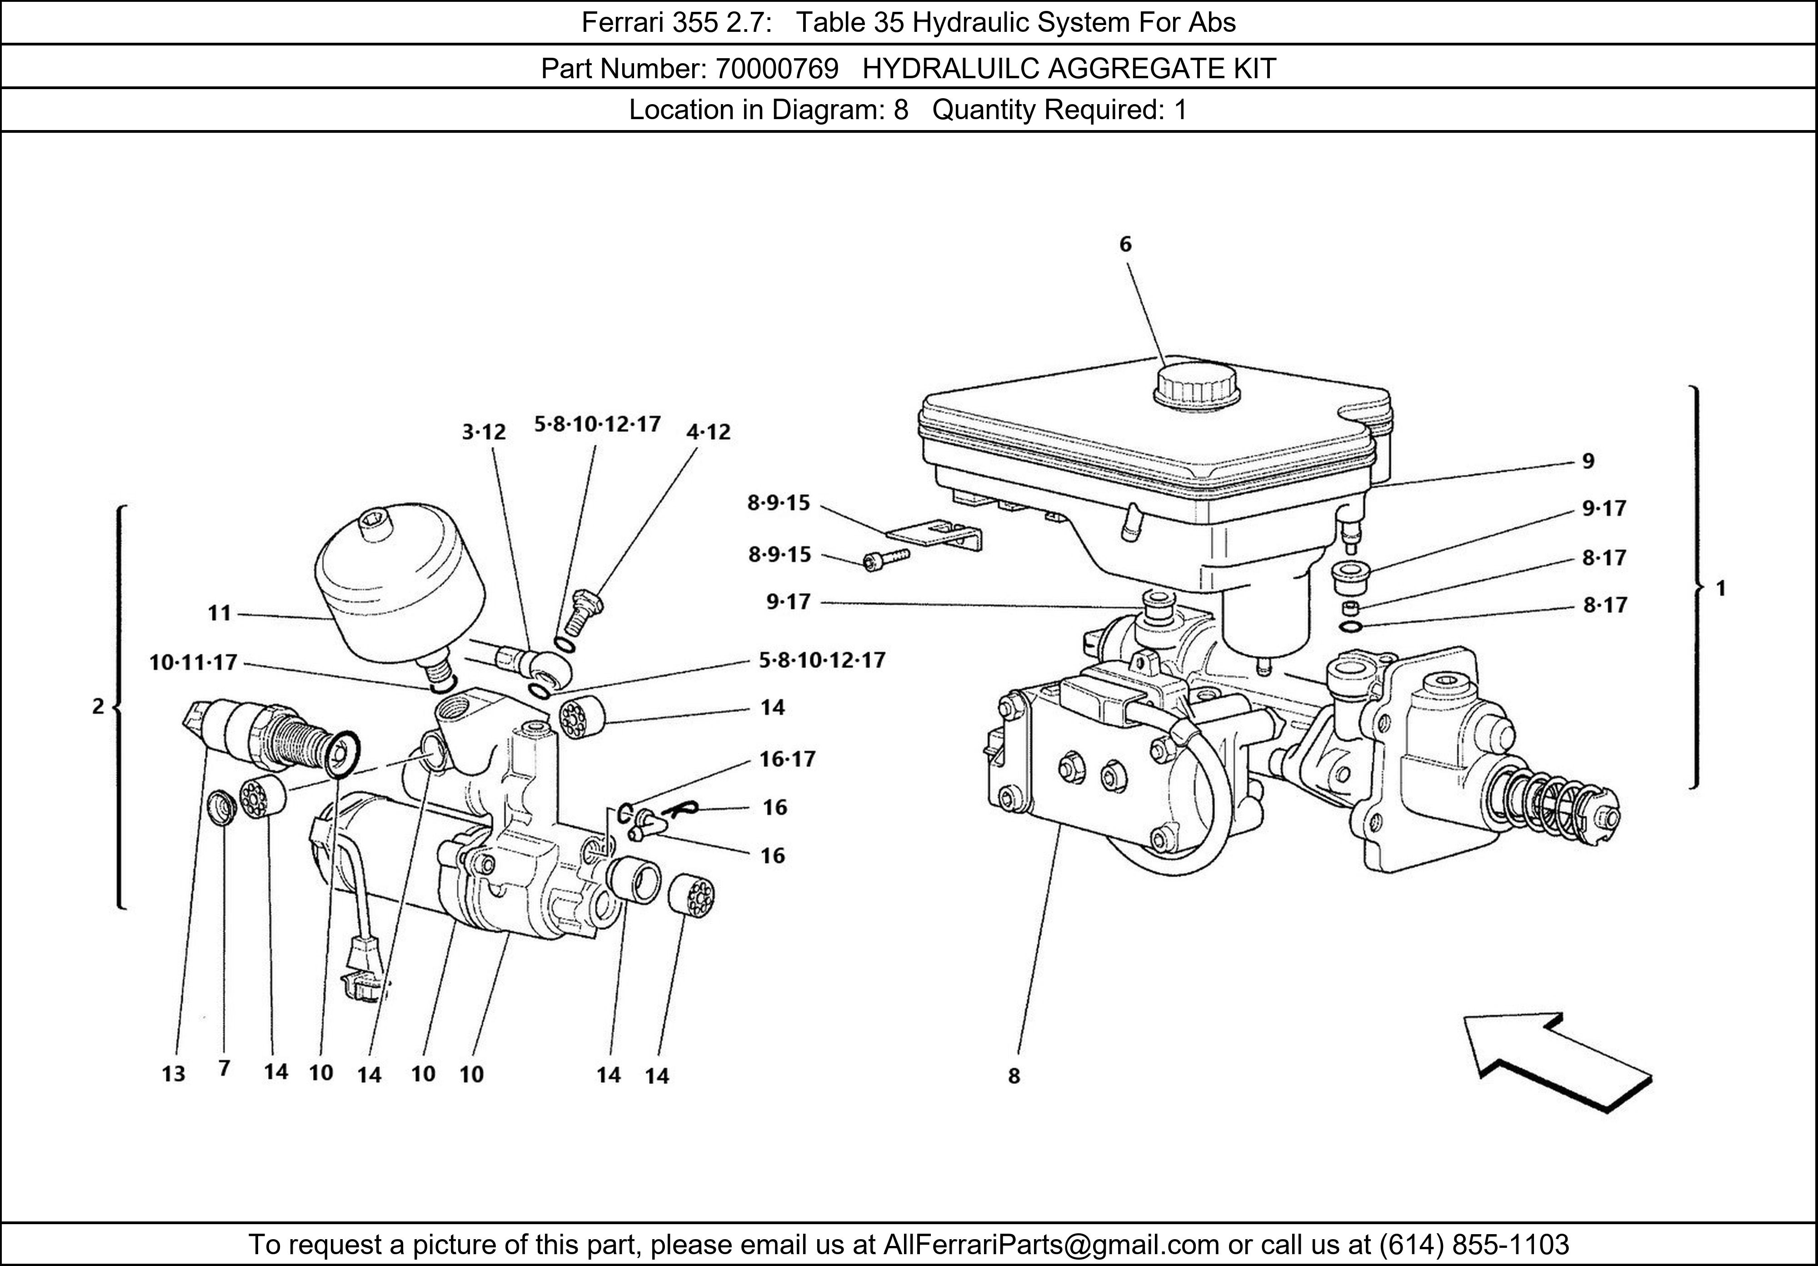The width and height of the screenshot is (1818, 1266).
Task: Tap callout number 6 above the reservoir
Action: [1125, 245]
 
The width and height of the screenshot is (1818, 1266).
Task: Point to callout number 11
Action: [220, 613]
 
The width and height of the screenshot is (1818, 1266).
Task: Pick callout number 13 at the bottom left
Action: [174, 1074]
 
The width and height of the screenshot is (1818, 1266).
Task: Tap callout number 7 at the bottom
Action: [224, 1069]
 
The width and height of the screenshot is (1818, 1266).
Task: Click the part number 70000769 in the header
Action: [777, 70]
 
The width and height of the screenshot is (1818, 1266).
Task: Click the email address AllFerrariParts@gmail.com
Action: [1051, 1245]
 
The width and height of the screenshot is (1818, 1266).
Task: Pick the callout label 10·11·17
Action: [193, 662]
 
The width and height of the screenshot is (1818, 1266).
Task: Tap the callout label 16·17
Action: [787, 759]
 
